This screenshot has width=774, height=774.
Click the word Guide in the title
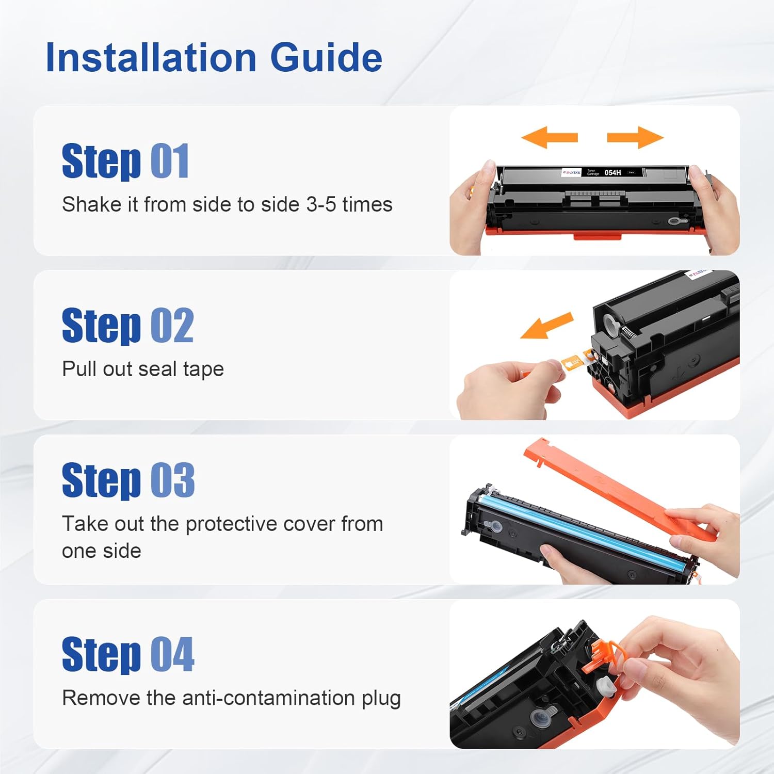326,57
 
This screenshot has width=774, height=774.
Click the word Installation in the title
151,57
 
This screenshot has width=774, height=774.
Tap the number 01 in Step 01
170,162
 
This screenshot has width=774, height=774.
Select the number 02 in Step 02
172,326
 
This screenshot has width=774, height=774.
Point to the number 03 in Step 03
172,480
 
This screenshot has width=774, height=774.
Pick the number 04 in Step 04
172,655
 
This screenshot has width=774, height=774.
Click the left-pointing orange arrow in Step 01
549,138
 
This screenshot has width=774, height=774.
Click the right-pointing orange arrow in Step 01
635,138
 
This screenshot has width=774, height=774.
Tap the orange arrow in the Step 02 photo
547,327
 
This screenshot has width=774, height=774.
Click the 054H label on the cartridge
612,172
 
